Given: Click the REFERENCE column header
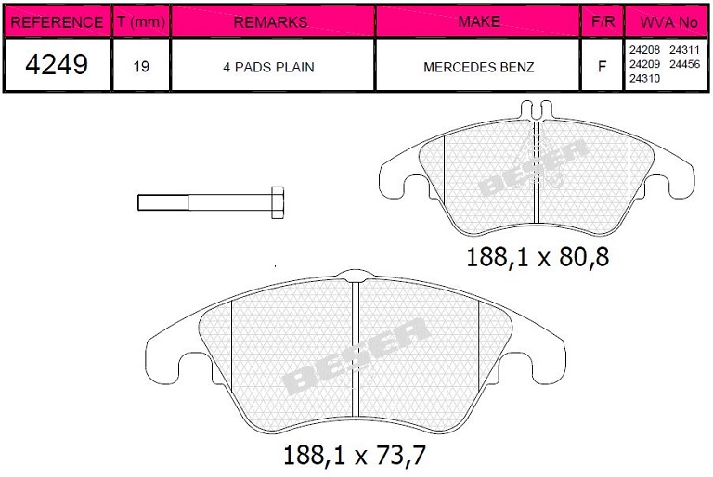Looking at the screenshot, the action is pos(57,22).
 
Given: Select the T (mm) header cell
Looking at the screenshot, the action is pos(141,21).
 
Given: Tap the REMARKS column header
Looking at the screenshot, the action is pos(270,22).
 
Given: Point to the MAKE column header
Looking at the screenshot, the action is pos(479,21).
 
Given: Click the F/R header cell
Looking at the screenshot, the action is pos(603,21).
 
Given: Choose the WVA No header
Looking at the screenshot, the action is pos(668,22).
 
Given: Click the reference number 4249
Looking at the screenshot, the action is pos(57,64).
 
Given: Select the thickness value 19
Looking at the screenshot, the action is pos(141,67).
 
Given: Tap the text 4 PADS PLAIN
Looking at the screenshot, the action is pos(268,68).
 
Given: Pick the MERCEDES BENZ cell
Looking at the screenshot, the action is pos(479,68).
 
